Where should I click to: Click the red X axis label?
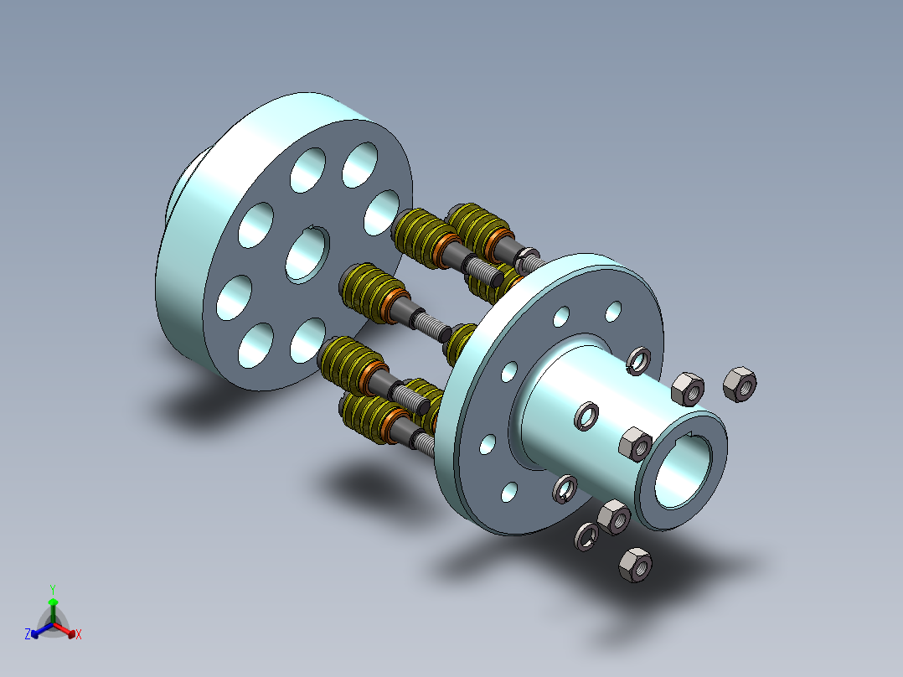(x=79, y=634)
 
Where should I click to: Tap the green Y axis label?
(x=53, y=589)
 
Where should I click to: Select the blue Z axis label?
(x=27, y=633)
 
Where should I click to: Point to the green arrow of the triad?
(x=53, y=610)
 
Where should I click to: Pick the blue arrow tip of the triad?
(x=34, y=633)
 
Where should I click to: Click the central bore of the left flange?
(x=307, y=254)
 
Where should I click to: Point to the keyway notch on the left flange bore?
(x=311, y=228)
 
